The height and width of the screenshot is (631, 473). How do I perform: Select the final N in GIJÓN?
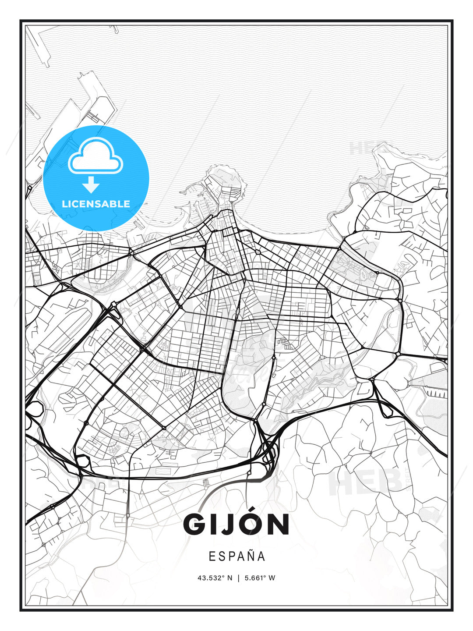[x=277, y=525]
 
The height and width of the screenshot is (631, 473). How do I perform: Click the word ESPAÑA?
[x=236, y=557]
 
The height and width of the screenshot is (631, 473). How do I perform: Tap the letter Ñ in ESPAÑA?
[x=249, y=556]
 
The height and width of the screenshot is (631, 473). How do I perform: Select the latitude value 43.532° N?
[x=215, y=578]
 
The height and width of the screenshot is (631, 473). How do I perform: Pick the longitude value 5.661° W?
[x=260, y=578]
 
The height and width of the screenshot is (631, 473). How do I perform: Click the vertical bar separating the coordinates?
[x=238, y=578]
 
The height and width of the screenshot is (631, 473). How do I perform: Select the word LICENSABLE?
[x=96, y=204]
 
